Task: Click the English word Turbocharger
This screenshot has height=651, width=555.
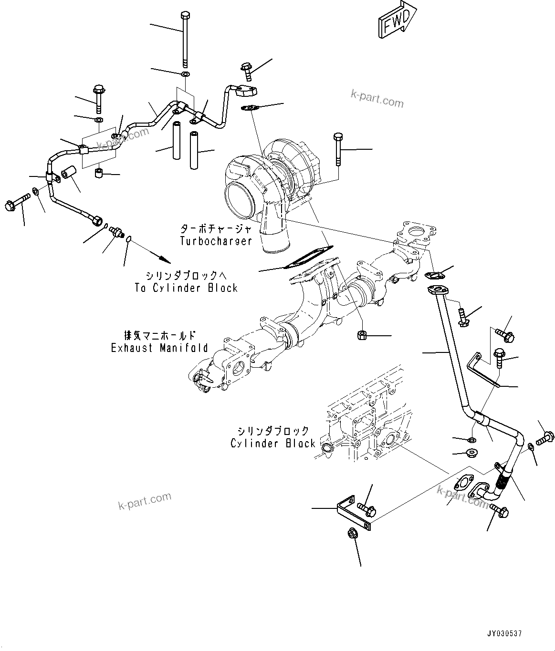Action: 216,241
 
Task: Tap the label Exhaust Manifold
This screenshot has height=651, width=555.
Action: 159,348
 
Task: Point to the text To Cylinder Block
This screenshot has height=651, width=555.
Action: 186,288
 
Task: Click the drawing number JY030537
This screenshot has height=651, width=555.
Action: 504,634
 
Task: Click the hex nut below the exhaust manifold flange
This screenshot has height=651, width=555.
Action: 361,335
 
